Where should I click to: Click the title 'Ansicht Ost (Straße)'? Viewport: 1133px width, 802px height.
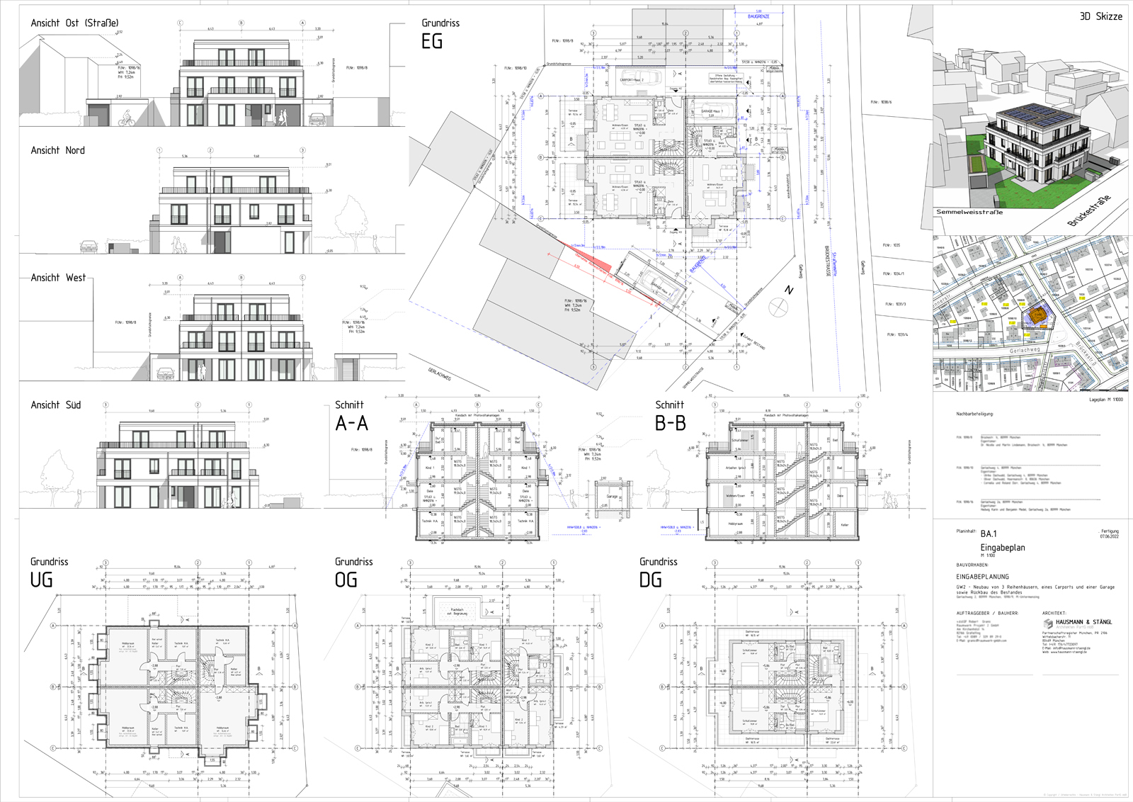coord(74,23)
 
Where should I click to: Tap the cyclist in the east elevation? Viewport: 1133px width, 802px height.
coord(127,119)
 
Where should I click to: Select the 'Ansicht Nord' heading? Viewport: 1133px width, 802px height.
coord(57,151)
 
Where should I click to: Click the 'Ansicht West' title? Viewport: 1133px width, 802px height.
coord(58,278)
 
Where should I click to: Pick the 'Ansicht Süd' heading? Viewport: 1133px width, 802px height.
coord(55,405)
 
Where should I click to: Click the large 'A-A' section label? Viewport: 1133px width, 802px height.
coord(351,424)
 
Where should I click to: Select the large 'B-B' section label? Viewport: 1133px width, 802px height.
coord(670,424)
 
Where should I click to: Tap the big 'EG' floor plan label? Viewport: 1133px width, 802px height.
coord(432,42)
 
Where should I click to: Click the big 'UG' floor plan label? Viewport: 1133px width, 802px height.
coord(41,580)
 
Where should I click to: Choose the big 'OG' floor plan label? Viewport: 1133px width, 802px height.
coord(346,580)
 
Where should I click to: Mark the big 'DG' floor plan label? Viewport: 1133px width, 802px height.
coord(650,580)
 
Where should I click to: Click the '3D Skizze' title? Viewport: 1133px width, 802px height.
coord(1100,16)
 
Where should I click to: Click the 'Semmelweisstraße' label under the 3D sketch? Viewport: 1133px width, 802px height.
coord(969,212)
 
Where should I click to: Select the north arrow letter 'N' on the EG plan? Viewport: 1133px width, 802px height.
coord(789,290)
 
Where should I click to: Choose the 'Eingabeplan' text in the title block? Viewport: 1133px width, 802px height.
coord(1002,548)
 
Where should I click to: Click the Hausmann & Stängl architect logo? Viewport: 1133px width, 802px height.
coord(1048,623)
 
